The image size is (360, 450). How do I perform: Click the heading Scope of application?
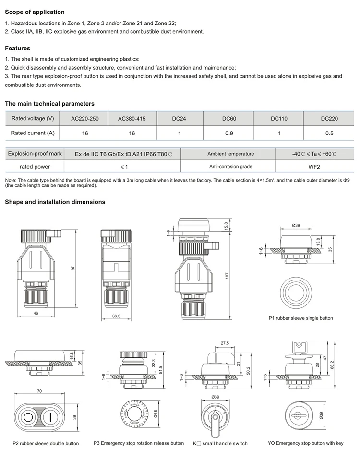pyautogui.click(x=35, y=12)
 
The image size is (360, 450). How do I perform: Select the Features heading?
pyautogui.click(x=18, y=48)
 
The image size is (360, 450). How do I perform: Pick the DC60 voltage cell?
pyautogui.click(x=228, y=119)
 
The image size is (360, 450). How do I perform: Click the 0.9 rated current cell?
pyautogui.click(x=228, y=133)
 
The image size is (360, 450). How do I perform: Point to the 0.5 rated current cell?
pyautogui.click(x=329, y=133)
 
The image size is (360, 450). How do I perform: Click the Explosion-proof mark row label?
pyautogui.click(x=35, y=154)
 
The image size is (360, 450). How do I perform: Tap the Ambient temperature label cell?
pyautogui.click(x=230, y=154)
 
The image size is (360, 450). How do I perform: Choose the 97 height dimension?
pyautogui.click(x=73, y=268)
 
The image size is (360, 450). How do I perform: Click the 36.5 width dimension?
pyautogui.click(x=116, y=316)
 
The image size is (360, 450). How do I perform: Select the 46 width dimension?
pyautogui.click(x=36, y=313)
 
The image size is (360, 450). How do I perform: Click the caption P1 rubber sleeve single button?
pyautogui.click(x=300, y=318)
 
